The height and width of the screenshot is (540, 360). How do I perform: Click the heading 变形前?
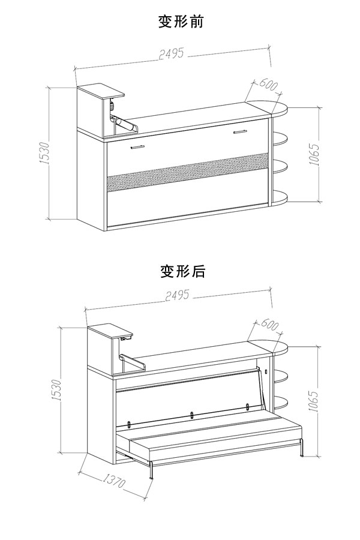[x=181, y=22]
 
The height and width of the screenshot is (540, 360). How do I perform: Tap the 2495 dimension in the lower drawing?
[x=175, y=295]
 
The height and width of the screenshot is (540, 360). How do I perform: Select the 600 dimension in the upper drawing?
[x=266, y=85]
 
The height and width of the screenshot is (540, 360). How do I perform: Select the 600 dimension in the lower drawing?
[x=267, y=326]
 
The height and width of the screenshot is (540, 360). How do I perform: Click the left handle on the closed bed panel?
[x=137, y=145]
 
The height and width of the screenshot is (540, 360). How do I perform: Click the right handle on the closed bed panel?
[x=241, y=132]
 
